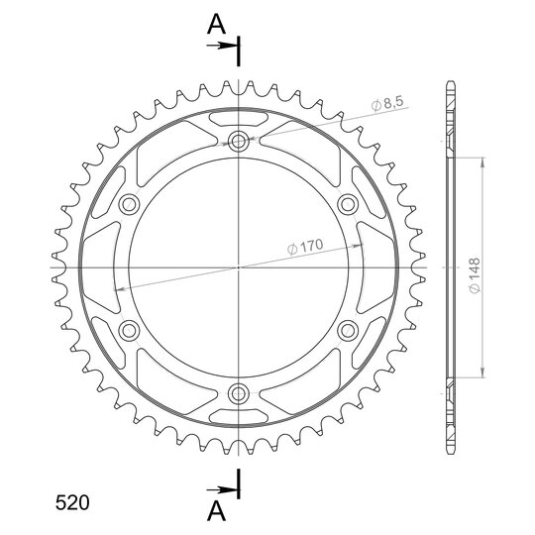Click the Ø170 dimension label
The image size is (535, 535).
[x=305, y=247]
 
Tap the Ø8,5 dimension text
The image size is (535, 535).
[x=387, y=103]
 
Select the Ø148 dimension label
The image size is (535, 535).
[x=475, y=275]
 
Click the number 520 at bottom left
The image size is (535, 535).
[x=72, y=502]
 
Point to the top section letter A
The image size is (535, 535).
[x=216, y=25]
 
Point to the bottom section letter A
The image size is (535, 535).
[x=216, y=511]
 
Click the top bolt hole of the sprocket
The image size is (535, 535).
[x=238, y=141]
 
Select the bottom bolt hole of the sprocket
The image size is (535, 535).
[x=238, y=393]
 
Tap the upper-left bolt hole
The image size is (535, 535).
[x=129, y=204]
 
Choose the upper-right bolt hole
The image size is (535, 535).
[x=348, y=204]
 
